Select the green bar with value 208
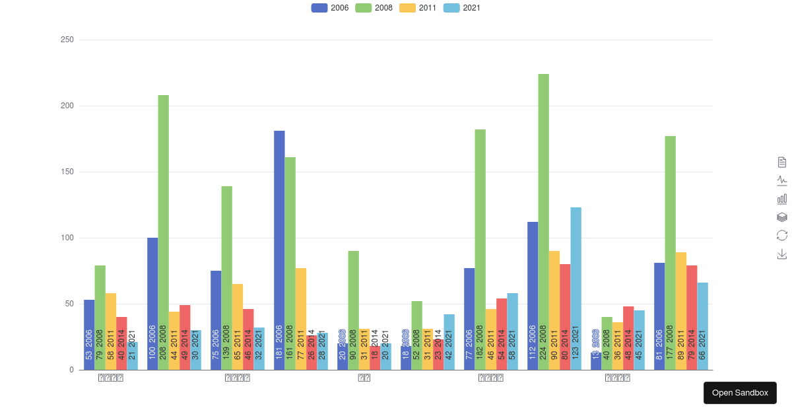pos(163,232)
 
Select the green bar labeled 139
pos(226,277)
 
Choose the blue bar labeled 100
pos(152,303)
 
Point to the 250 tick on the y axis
pos(67,40)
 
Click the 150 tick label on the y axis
pos(67,172)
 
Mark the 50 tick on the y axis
pos(69,304)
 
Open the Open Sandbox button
pos(740,393)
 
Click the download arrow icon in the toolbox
pos(782,254)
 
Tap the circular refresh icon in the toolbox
pos(782,235)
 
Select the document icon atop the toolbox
pos(782,162)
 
